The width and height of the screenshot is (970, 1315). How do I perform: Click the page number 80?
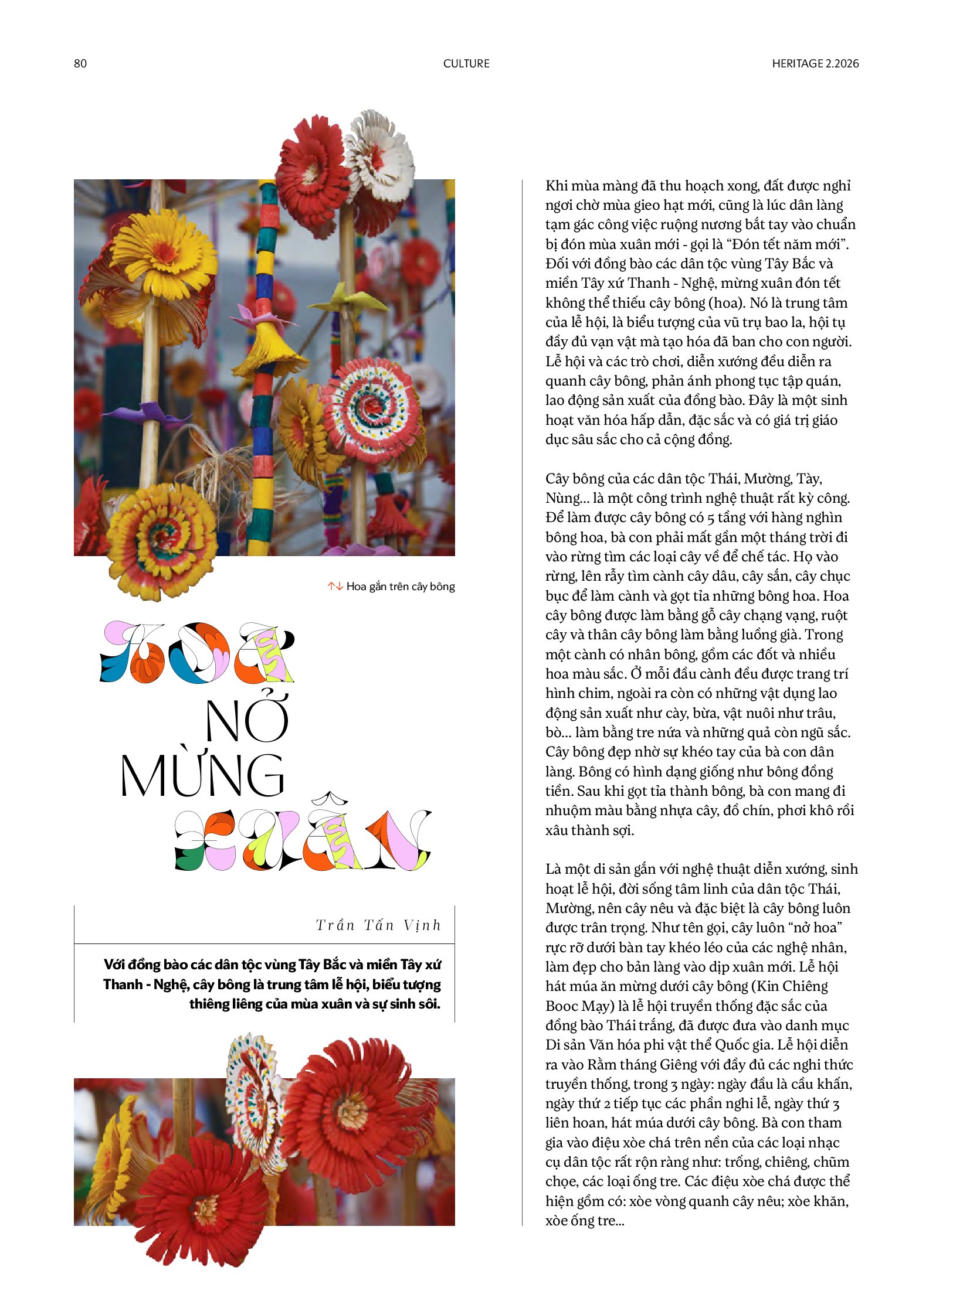pyautogui.click(x=80, y=63)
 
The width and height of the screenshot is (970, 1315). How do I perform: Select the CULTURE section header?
pyautogui.click(x=466, y=63)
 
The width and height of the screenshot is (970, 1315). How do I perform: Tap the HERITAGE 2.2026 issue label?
pyautogui.click(x=815, y=63)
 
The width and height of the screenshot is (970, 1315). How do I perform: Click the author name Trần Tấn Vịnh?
pyautogui.click(x=378, y=925)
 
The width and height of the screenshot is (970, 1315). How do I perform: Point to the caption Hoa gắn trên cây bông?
pyautogui.click(x=401, y=586)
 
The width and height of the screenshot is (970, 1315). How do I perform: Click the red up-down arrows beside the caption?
pyautogui.click(x=335, y=586)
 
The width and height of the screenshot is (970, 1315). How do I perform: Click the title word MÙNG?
pyautogui.click(x=202, y=775)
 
